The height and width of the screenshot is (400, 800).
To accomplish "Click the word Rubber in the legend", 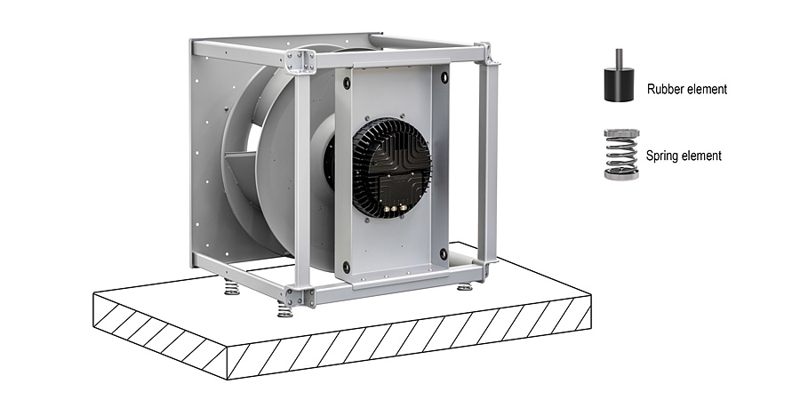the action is pyautogui.click(x=662, y=89).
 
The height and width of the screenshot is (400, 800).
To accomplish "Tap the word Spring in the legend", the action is pyautogui.click(x=660, y=155).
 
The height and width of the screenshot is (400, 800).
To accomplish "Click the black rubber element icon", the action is pyautogui.click(x=619, y=84).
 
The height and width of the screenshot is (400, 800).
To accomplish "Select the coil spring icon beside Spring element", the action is pyautogui.click(x=621, y=154).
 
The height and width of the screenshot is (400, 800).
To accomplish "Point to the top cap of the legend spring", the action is pyautogui.click(x=621, y=133).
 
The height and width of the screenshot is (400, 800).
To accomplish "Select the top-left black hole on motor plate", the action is pyautogui.click(x=347, y=83).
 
